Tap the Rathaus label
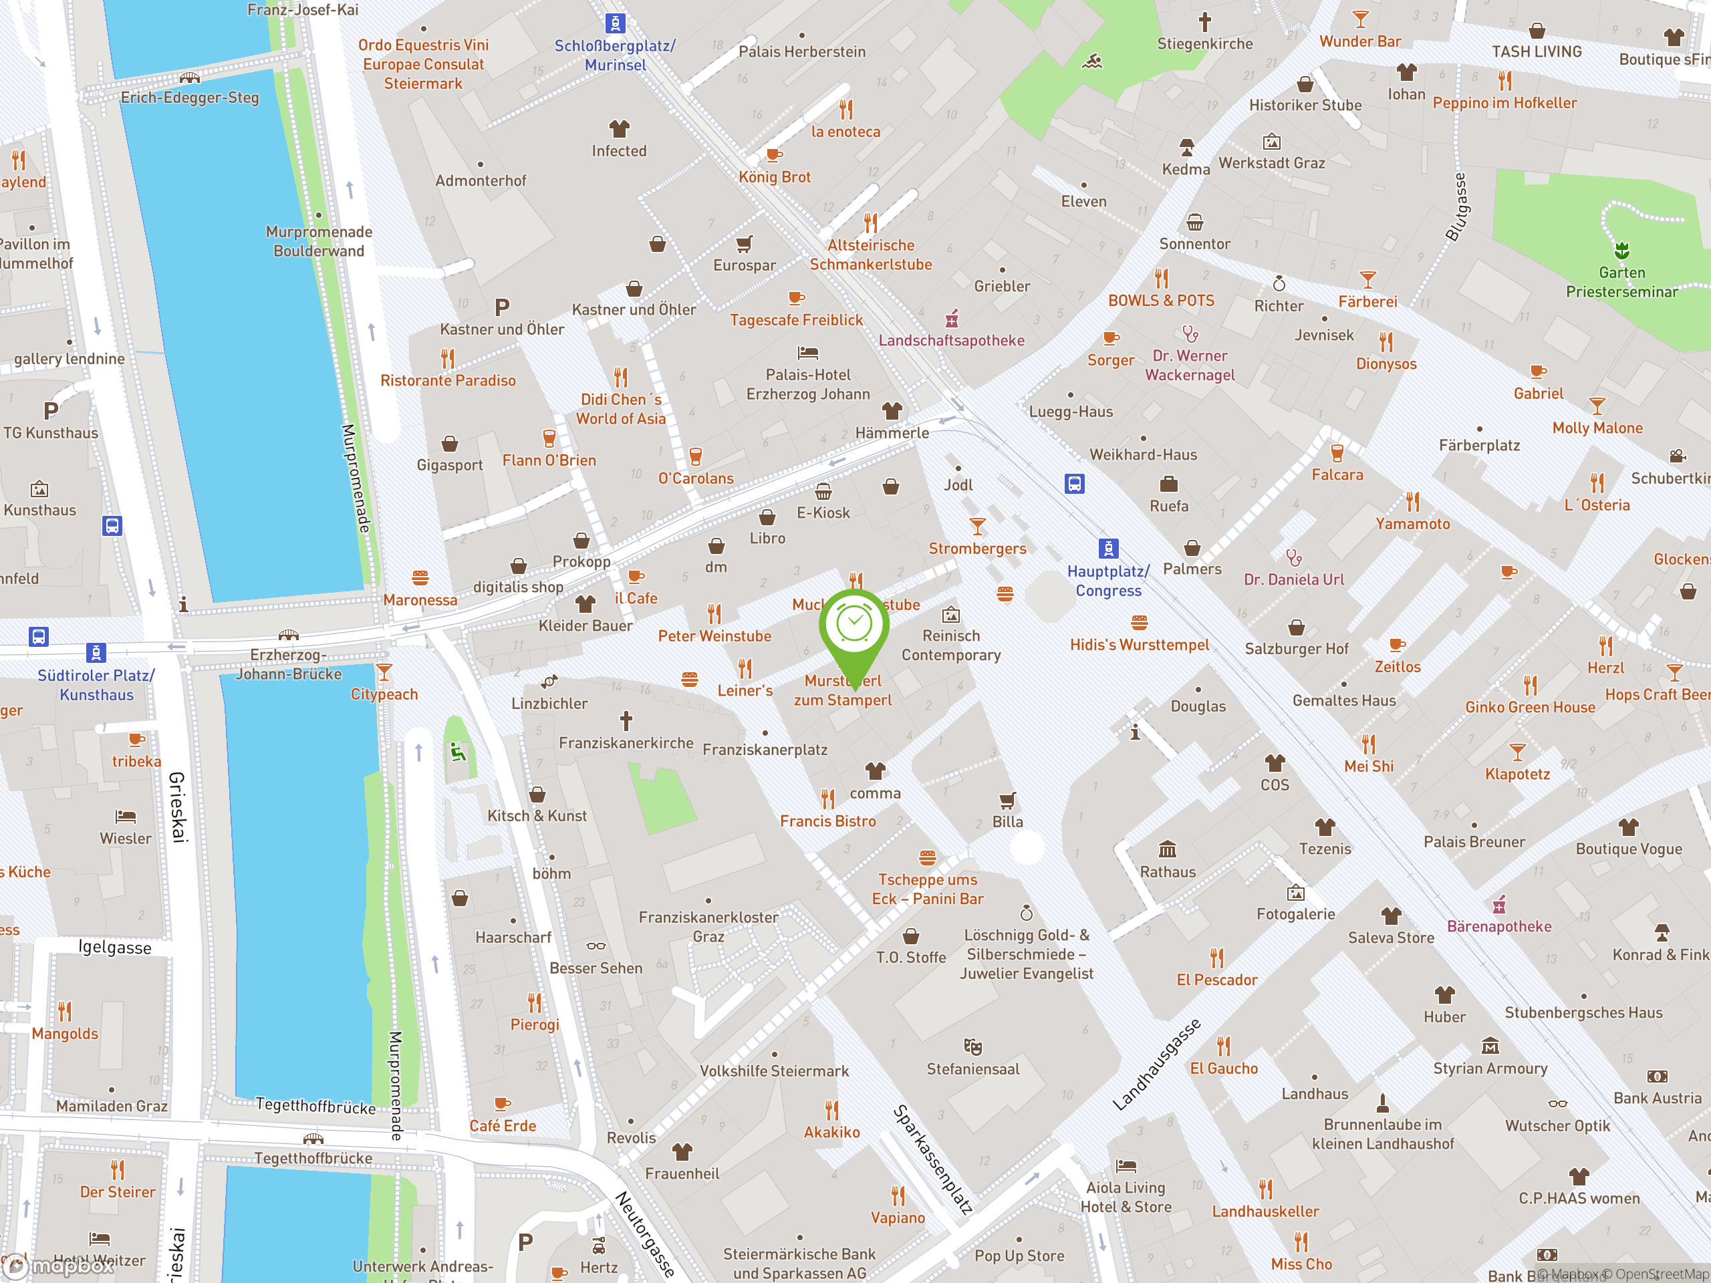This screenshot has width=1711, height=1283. tap(1167, 871)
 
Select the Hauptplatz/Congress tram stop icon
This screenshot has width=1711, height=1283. tap(1107, 549)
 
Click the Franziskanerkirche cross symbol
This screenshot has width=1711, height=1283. tap(626, 721)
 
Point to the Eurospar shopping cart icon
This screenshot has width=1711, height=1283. tap(744, 245)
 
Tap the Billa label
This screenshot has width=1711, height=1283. tap(1007, 821)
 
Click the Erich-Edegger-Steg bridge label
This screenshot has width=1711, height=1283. tap(190, 98)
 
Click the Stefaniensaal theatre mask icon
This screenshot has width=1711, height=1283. tap(972, 1047)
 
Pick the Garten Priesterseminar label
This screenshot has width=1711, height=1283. tap(1621, 282)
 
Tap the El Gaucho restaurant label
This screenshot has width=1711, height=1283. tap(1224, 1068)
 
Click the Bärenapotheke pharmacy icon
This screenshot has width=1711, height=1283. tap(1499, 904)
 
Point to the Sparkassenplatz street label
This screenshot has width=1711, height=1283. tap(932, 1159)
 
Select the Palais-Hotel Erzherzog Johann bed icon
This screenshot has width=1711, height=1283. tap(807, 353)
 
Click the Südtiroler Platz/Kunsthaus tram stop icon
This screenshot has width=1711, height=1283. tap(95, 653)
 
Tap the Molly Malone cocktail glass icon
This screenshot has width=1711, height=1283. tap(1597, 405)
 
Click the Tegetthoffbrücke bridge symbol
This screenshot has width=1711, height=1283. tap(313, 1139)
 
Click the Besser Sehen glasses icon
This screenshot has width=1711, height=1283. tap(596, 946)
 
